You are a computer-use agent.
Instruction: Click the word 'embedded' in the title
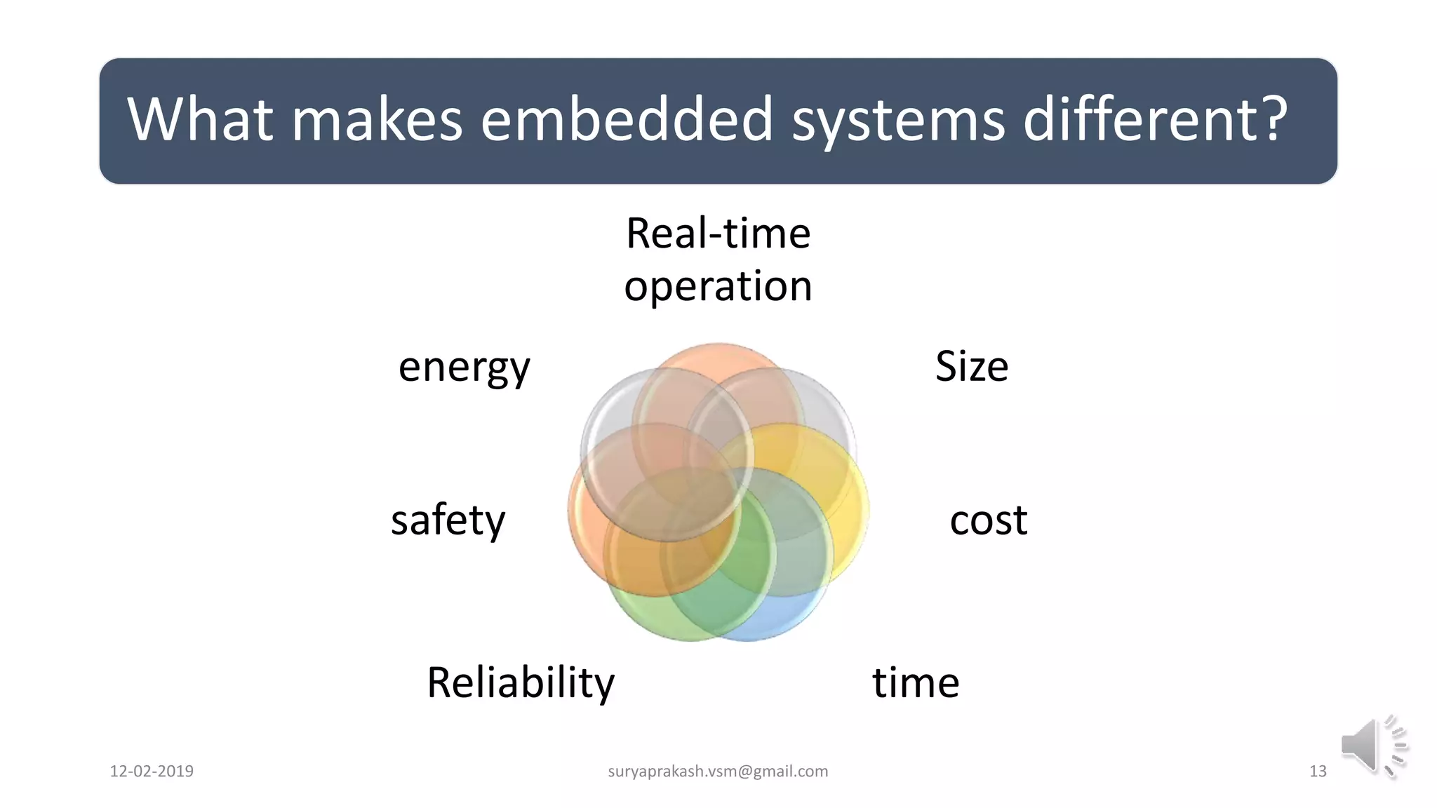627,119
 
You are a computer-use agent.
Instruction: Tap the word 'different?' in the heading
1155,119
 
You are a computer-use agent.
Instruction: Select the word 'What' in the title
199,119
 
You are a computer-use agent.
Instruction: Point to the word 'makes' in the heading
377,119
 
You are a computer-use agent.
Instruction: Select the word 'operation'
718,286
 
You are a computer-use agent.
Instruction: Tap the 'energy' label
464,367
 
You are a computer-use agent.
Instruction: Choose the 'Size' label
971,366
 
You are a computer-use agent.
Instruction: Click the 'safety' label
448,520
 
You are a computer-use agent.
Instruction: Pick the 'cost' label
988,520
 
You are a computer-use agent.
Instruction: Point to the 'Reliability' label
520,682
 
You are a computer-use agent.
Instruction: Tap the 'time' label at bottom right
915,682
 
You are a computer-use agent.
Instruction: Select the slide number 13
1317,771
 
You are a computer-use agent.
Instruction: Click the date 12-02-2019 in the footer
152,771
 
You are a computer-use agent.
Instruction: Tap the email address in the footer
717,771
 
